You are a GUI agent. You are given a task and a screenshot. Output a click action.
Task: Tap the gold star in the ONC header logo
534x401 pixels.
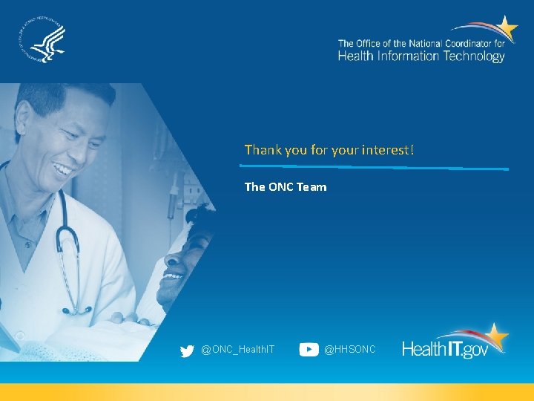(507, 29)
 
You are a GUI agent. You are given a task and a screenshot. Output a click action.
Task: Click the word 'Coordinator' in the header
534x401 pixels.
(467, 44)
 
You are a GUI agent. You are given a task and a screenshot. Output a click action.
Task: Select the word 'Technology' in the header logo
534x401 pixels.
(474, 56)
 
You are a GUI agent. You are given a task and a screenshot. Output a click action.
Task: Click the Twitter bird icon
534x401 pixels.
(187, 350)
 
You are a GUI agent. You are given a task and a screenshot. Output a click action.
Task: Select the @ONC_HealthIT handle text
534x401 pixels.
(237, 349)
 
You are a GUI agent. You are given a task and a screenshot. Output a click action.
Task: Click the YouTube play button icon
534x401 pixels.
(309, 350)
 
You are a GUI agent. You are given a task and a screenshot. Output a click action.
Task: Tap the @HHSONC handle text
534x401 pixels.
(350, 349)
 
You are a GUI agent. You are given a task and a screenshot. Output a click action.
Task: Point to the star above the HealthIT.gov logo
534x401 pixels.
(495, 336)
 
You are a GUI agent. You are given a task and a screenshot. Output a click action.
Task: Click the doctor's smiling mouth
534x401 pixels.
(63, 170)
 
